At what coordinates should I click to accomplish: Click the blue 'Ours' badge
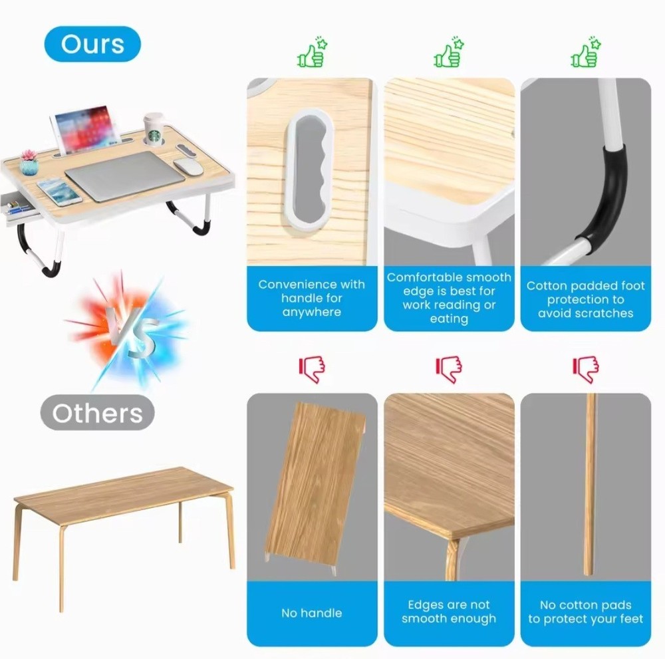pyautogui.click(x=92, y=44)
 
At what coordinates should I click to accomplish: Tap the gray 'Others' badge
pyautogui.click(x=98, y=412)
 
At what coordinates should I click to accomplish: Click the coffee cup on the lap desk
pyautogui.click(x=154, y=129)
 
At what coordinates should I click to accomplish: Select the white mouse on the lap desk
pyautogui.click(x=188, y=166)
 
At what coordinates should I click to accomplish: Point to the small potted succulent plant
pyautogui.click(x=29, y=162)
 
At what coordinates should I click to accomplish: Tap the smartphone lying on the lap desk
pyautogui.click(x=59, y=192)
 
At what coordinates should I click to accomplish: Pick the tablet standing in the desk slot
pyautogui.click(x=85, y=129)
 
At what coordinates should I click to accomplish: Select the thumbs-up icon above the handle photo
pyautogui.click(x=313, y=52)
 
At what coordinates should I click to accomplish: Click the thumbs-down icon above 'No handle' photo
pyautogui.click(x=312, y=369)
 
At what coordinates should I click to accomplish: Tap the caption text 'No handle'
pyautogui.click(x=312, y=612)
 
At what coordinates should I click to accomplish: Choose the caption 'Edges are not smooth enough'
pyautogui.click(x=449, y=612)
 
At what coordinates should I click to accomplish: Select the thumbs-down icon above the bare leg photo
pyautogui.click(x=586, y=369)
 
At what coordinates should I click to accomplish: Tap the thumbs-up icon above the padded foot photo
pyautogui.click(x=586, y=52)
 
